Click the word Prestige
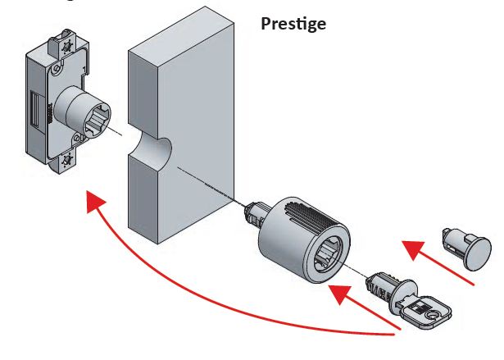pos(293,24)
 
